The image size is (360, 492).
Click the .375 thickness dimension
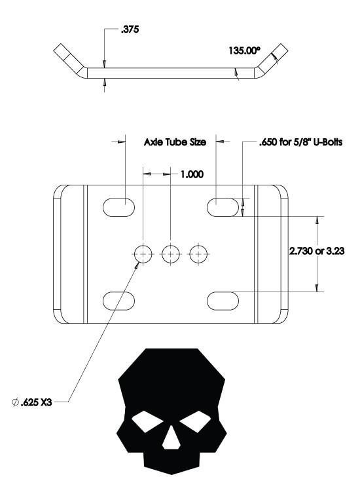(130, 29)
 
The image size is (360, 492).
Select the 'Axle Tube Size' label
(175, 142)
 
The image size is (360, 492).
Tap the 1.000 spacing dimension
(191, 174)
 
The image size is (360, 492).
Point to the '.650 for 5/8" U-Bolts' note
(301, 142)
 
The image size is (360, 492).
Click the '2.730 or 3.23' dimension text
(317, 250)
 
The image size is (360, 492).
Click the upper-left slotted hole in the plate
(119, 206)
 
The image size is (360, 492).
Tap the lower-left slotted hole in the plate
(119, 300)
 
